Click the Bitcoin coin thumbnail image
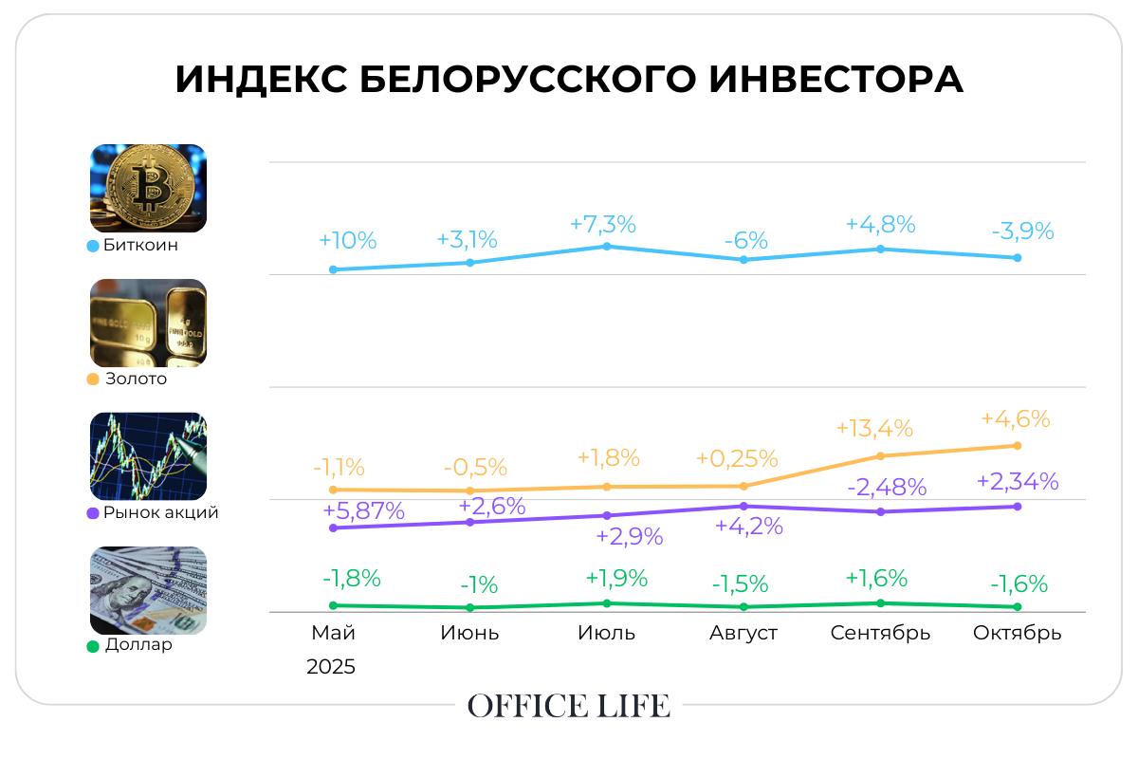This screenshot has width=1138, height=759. pos(148,188)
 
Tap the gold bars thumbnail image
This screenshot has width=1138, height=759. pos(148,323)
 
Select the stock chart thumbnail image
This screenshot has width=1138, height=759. pos(148,456)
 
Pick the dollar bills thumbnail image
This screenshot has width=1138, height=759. pos(148,590)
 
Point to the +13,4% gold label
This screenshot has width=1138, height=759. pos(873,428)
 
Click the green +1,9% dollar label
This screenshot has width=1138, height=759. pos(615,578)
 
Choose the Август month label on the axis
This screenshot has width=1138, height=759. pos(743,633)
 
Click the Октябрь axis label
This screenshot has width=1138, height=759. pos(1018,633)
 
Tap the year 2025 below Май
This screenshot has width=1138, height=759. pos(331,667)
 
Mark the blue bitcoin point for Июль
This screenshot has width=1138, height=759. pos(607,247)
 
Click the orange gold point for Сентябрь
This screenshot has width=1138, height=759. pos(880,456)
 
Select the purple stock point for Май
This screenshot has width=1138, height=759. pos(333,528)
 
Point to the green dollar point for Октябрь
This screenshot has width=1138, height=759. pos(1018,607)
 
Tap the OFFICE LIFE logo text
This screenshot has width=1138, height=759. pos(569,706)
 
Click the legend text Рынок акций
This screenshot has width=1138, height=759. pos(160,512)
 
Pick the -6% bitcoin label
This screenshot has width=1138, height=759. pos(744,240)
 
